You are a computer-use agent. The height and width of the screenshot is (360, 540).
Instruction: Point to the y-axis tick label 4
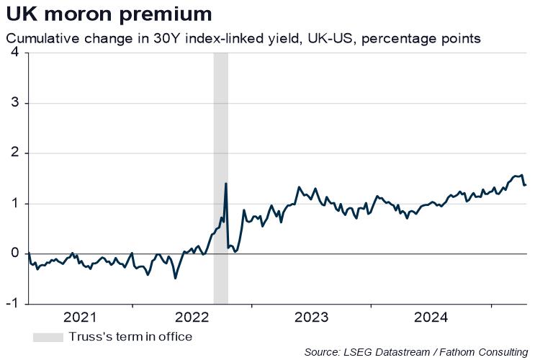[x=14, y=53]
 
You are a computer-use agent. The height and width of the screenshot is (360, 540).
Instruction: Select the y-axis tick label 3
[x=14, y=103]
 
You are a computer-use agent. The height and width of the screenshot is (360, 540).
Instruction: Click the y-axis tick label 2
[x=14, y=153]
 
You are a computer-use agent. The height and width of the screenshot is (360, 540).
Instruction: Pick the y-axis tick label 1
[x=14, y=204]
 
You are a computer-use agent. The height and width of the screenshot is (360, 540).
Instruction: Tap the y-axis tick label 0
[x=14, y=253]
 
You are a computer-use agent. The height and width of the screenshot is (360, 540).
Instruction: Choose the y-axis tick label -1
[x=12, y=304]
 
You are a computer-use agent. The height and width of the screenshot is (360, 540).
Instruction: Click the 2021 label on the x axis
[x=79, y=317]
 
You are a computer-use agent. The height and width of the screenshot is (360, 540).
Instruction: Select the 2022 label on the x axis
[x=192, y=317]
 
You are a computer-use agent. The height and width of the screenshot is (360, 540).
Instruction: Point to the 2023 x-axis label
[x=312, y=317]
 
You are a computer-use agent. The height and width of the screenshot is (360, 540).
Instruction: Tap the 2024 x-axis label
[x=431, y=317]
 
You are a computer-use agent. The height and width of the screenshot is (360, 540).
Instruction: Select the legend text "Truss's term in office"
[x=130, y=337]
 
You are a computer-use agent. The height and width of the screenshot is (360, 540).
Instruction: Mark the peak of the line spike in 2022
[x=226, y=184]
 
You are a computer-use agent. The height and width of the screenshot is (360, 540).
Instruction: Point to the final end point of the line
[x=526, y=185]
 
